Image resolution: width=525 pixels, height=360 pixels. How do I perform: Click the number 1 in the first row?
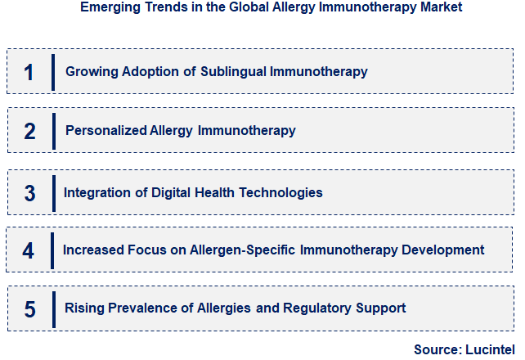(29, 72)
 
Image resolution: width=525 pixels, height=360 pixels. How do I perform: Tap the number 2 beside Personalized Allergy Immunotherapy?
(30, 131)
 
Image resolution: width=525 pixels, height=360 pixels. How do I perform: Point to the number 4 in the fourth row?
(29, 250)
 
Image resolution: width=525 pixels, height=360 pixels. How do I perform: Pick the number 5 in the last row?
(30, 309)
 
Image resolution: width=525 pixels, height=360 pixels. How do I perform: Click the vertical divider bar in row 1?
(53, 72)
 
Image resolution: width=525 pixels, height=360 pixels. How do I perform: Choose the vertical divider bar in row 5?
(53, 309)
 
